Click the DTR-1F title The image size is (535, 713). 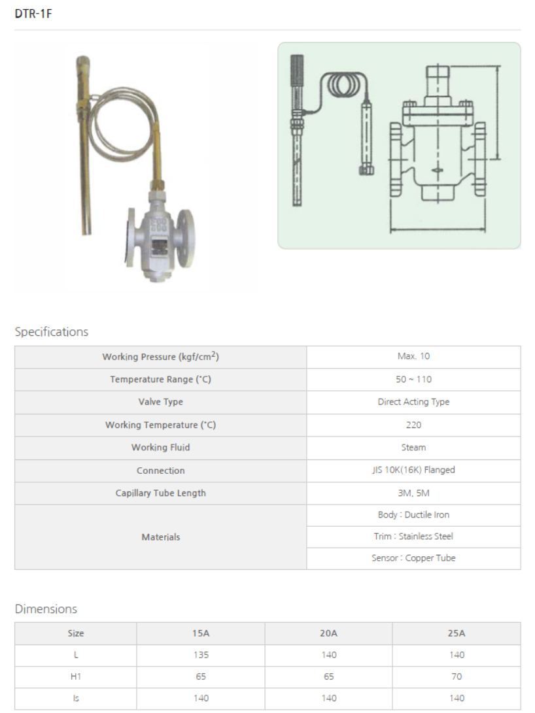click(33, 14)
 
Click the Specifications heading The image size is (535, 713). click(52, 331)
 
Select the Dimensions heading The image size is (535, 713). click(46, 609)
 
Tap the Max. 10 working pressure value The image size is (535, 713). click(413, 357)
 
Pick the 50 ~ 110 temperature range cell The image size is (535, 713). click(413, 379)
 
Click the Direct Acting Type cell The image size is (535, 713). click(413, 402)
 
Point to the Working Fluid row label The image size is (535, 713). click(161, 448)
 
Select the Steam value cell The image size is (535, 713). click(413, 448)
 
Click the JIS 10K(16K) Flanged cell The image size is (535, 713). click(413, 470)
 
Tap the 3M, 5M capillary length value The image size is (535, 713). click(413, 493)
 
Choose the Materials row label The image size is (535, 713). click(161, 537)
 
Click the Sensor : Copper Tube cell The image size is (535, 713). click(413, 558)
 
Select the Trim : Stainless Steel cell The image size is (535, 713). click(413, 537)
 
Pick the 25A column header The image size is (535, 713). click(457, 633)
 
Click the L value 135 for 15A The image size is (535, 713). click(201, 655)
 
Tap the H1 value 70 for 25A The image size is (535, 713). click(457, 676)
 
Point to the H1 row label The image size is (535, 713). click(75, 676)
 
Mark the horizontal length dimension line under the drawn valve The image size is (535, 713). click(438, 229)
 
